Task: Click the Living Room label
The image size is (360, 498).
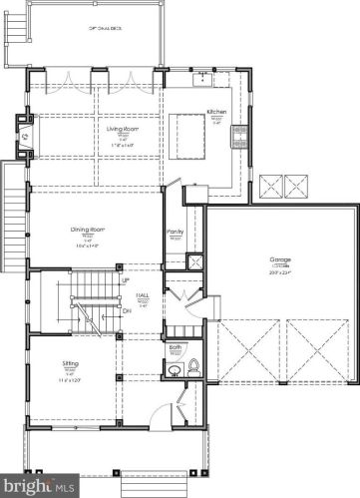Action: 121,129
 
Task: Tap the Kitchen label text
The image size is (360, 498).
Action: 217,112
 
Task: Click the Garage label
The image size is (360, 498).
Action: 280,259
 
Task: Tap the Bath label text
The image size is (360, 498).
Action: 176,346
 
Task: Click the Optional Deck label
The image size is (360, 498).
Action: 105,30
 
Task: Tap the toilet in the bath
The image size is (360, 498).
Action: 192,366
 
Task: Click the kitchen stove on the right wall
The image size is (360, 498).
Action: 239,135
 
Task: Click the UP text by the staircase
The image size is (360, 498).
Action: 125,281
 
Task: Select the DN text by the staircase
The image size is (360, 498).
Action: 125,310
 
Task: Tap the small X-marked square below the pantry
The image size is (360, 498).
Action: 195,261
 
